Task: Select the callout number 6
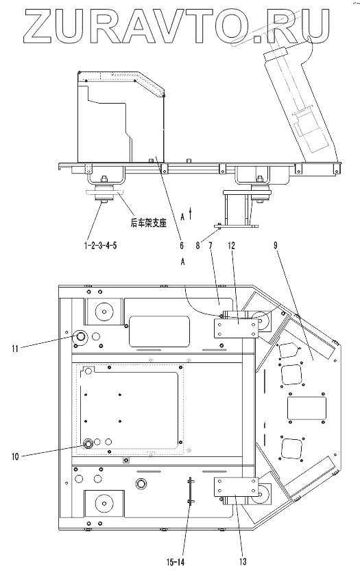tap(182, 246)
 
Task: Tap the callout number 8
tap(198, 246)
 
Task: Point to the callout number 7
tap(210, 246)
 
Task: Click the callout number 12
tap(231, 246)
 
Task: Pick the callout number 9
tap(276, 246)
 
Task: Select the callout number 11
tap(15, 349)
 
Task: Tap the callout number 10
tap(15, 456)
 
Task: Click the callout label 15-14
tap(175, 562)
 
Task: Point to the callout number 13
tap(243, 561)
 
